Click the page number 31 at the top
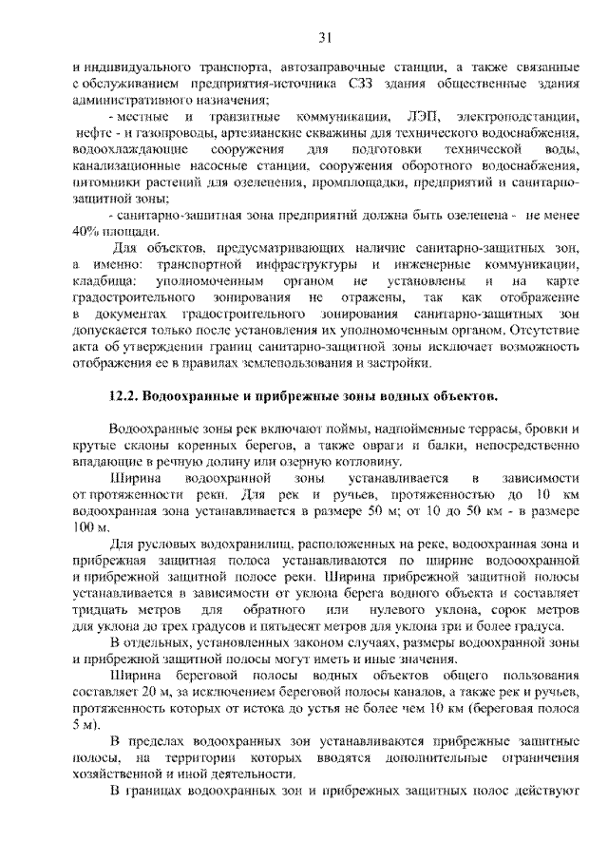pyautogui.click(x=324, y=38)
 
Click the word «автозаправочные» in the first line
pyautogui.click(x=333, y=68)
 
